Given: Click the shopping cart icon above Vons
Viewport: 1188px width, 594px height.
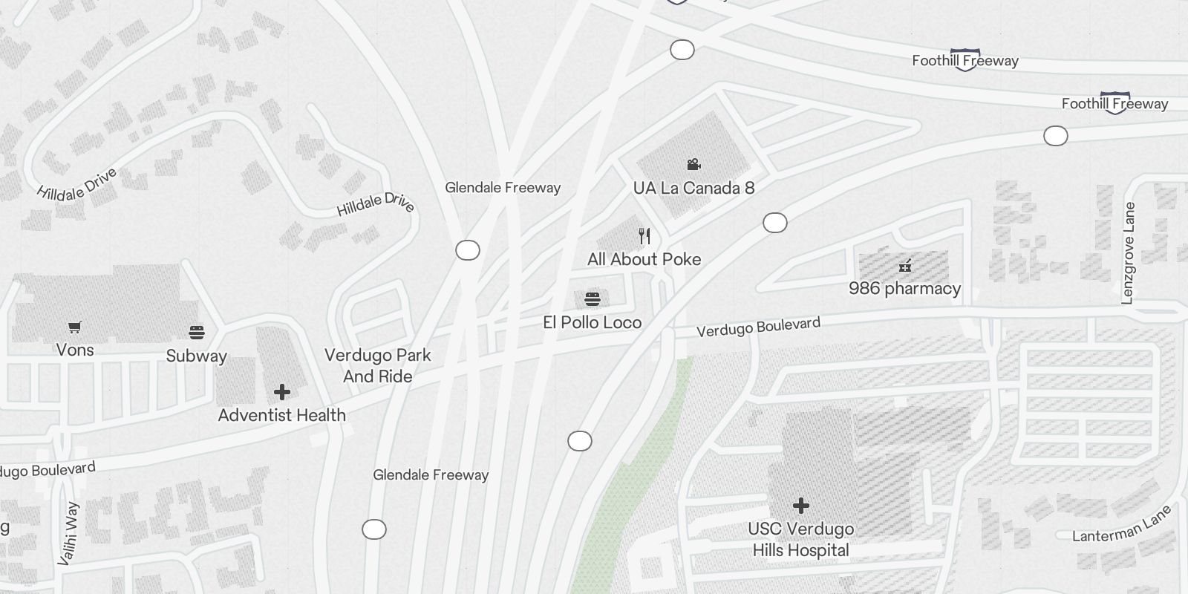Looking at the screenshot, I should tap(74, 327).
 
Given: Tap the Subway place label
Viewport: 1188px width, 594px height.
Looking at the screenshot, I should tap(196, 356).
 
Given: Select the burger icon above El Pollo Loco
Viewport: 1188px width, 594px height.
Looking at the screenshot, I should tap(593, 298).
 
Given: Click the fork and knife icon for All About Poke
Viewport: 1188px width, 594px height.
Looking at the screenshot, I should tap(644, 236).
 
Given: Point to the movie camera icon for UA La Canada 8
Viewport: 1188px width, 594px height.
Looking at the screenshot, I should tap(693, 164).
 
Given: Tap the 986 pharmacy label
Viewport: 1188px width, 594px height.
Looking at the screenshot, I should tap(904, 288).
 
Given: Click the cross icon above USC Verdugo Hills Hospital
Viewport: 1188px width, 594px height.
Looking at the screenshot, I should tap(800, 506).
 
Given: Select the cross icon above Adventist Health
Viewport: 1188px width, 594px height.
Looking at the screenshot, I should tap(281, 391).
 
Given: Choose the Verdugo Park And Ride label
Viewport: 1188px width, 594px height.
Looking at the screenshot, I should tap(377, 365).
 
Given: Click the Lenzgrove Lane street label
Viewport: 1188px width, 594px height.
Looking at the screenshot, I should tap(1128, 252).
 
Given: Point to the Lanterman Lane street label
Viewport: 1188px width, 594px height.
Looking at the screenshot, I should tap(1121, 524).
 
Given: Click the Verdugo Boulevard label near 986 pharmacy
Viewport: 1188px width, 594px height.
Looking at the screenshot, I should tap(758, 327).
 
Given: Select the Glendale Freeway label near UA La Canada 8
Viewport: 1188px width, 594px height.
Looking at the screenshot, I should tap(503, 188).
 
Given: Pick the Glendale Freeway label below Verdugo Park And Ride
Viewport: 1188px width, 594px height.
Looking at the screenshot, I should tap(431, 474).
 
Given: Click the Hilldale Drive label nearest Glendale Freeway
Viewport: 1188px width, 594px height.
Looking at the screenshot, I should tap(376, 204).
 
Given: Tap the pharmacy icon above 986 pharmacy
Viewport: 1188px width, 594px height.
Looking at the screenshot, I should tap(904, 266).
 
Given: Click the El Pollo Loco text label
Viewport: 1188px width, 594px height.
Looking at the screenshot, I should tap(592, 322).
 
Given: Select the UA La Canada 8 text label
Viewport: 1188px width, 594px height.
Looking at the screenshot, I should tap(693, 188).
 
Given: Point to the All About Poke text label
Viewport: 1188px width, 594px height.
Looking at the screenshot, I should tap(644, 259).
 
